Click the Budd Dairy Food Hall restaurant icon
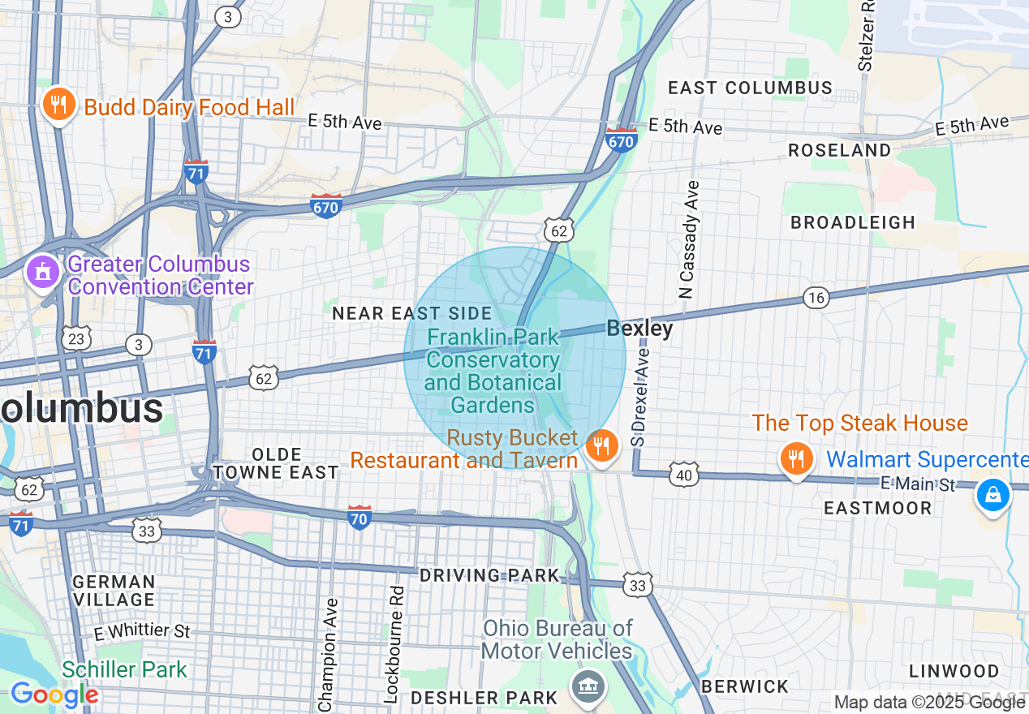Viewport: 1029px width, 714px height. tap(58, 105)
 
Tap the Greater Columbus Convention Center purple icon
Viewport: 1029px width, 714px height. tap(41, 272)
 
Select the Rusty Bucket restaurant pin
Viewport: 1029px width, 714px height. tap(601, 445)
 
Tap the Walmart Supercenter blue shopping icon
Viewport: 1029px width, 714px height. tap(992, 494)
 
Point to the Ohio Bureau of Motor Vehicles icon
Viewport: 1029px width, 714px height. tap(588, 686)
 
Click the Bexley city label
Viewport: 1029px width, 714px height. tap(639, 329)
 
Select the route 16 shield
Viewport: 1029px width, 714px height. tap(816, 298)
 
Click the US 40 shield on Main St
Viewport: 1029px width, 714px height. tap(684, 475)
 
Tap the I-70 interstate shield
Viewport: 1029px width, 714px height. tap(360, 517)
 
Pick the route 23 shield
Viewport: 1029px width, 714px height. tap(76, 338)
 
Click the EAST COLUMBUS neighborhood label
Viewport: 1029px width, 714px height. tap(750, 88)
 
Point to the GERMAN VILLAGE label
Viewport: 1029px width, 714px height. tap(114, 591)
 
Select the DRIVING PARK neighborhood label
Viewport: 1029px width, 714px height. tap(489, 575)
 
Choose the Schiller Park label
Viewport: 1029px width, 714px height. tap(124, 669)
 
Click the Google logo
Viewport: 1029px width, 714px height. tap(54, 695)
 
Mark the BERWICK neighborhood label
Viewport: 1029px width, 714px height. tap(744, 686)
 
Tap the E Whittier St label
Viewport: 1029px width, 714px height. tap(142, 630)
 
